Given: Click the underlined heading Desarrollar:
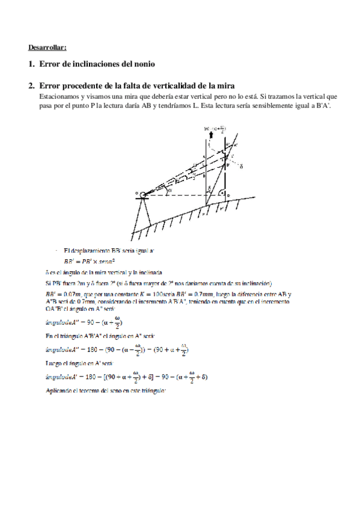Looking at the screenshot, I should click(x=47, y=47).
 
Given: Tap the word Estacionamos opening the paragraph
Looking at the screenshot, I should click(x=59, y=96).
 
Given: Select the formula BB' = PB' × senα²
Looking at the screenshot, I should click(x=90, y=262).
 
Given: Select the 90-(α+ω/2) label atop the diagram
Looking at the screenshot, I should click(x=217, y=127).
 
